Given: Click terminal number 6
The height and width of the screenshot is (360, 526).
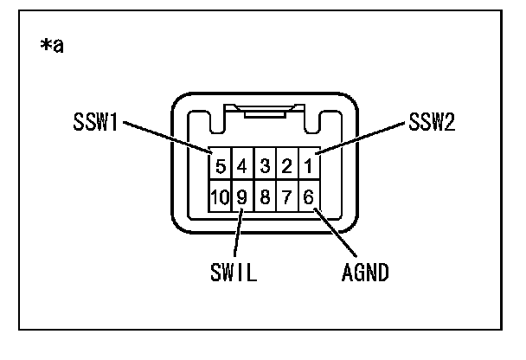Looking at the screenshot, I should click(309, 197).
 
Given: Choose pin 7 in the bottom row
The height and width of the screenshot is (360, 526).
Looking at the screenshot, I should click(286, 197).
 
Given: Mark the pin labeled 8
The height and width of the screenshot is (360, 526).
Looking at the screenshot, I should click(265, 197).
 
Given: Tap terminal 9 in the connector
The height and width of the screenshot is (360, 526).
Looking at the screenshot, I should click(243, 197).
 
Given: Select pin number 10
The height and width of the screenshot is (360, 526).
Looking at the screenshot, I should click(220, 197).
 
